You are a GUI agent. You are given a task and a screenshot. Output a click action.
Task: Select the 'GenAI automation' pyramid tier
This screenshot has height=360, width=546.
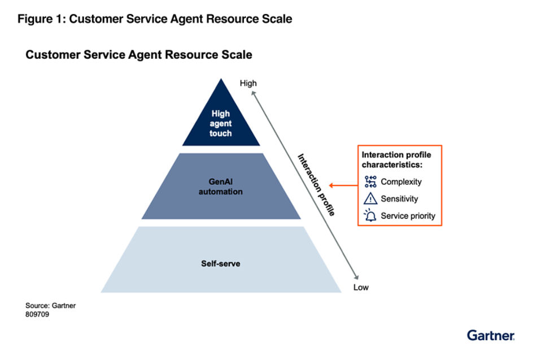[221, 187]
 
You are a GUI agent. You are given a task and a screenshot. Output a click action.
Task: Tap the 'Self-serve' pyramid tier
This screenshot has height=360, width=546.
[221, 263]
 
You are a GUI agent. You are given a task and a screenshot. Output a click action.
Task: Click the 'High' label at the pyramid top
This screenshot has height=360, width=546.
[248, 83]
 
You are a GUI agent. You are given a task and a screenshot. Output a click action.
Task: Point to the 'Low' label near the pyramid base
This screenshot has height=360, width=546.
[361, 287]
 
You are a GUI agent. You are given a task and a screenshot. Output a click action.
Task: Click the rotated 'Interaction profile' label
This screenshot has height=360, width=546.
[317, 184]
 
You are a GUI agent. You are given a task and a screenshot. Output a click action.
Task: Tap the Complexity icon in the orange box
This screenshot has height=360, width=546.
[370, 181]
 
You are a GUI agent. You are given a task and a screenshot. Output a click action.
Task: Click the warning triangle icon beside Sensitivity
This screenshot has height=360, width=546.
[370, 198]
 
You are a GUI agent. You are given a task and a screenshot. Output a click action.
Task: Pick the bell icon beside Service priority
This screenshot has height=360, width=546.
[370, 215]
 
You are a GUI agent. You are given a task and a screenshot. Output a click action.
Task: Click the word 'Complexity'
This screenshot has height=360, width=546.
[401, 182]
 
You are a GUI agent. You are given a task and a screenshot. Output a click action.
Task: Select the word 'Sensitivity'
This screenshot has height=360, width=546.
[399, 199]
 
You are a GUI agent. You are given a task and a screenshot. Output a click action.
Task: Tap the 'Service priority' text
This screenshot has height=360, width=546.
[408, 216]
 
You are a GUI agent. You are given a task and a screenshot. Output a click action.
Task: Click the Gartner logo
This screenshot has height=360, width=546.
[491, 335]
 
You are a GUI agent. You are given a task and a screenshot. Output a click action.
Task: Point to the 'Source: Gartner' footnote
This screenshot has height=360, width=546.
[50, 306]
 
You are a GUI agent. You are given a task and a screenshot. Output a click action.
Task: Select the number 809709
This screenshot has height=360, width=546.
[37, 314]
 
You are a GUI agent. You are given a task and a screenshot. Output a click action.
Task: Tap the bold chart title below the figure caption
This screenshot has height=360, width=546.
[138, 55]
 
